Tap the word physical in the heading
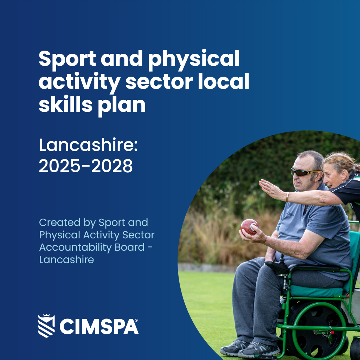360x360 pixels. pos(194,59)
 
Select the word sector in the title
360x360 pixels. pos(159,82)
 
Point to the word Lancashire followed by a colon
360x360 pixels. pos(88,145)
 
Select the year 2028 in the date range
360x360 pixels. pos(112,166)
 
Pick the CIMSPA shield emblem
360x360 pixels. pos(47,326)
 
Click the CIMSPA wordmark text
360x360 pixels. pos(99,326)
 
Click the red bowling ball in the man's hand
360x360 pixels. pos(249,227)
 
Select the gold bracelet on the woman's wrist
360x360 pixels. pos(287,197)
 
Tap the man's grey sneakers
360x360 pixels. pos(250,348)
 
